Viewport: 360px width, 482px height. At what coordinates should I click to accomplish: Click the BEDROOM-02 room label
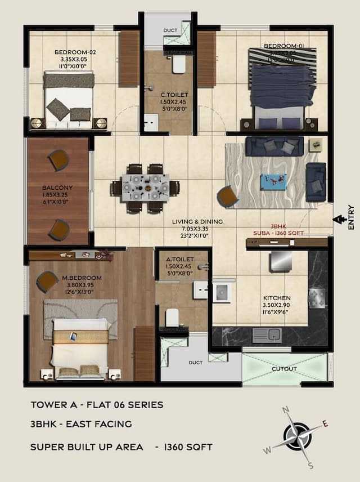tap(75, 52)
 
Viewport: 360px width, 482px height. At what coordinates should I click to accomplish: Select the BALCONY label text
tap(57, 188)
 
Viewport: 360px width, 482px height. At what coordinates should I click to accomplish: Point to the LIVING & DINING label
tap(197, 222)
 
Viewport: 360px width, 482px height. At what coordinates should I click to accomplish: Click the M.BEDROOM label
tap(82, 278)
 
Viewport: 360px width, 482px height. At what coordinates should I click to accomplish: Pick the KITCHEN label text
tap(277, 298)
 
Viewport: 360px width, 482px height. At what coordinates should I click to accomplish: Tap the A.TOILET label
tap(180, 260)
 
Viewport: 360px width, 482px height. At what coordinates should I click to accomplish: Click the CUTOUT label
tap(284, 369)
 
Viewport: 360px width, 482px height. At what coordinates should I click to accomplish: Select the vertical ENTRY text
tap(351, 217)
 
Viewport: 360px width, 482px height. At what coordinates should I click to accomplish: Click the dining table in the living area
tap(145, 188)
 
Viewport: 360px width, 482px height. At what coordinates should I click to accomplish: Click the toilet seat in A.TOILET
tap(172, 319)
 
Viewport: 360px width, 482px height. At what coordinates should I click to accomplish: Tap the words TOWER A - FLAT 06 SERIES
tap(97, 404)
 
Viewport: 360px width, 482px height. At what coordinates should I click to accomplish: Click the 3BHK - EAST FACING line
tap(81, 424)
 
